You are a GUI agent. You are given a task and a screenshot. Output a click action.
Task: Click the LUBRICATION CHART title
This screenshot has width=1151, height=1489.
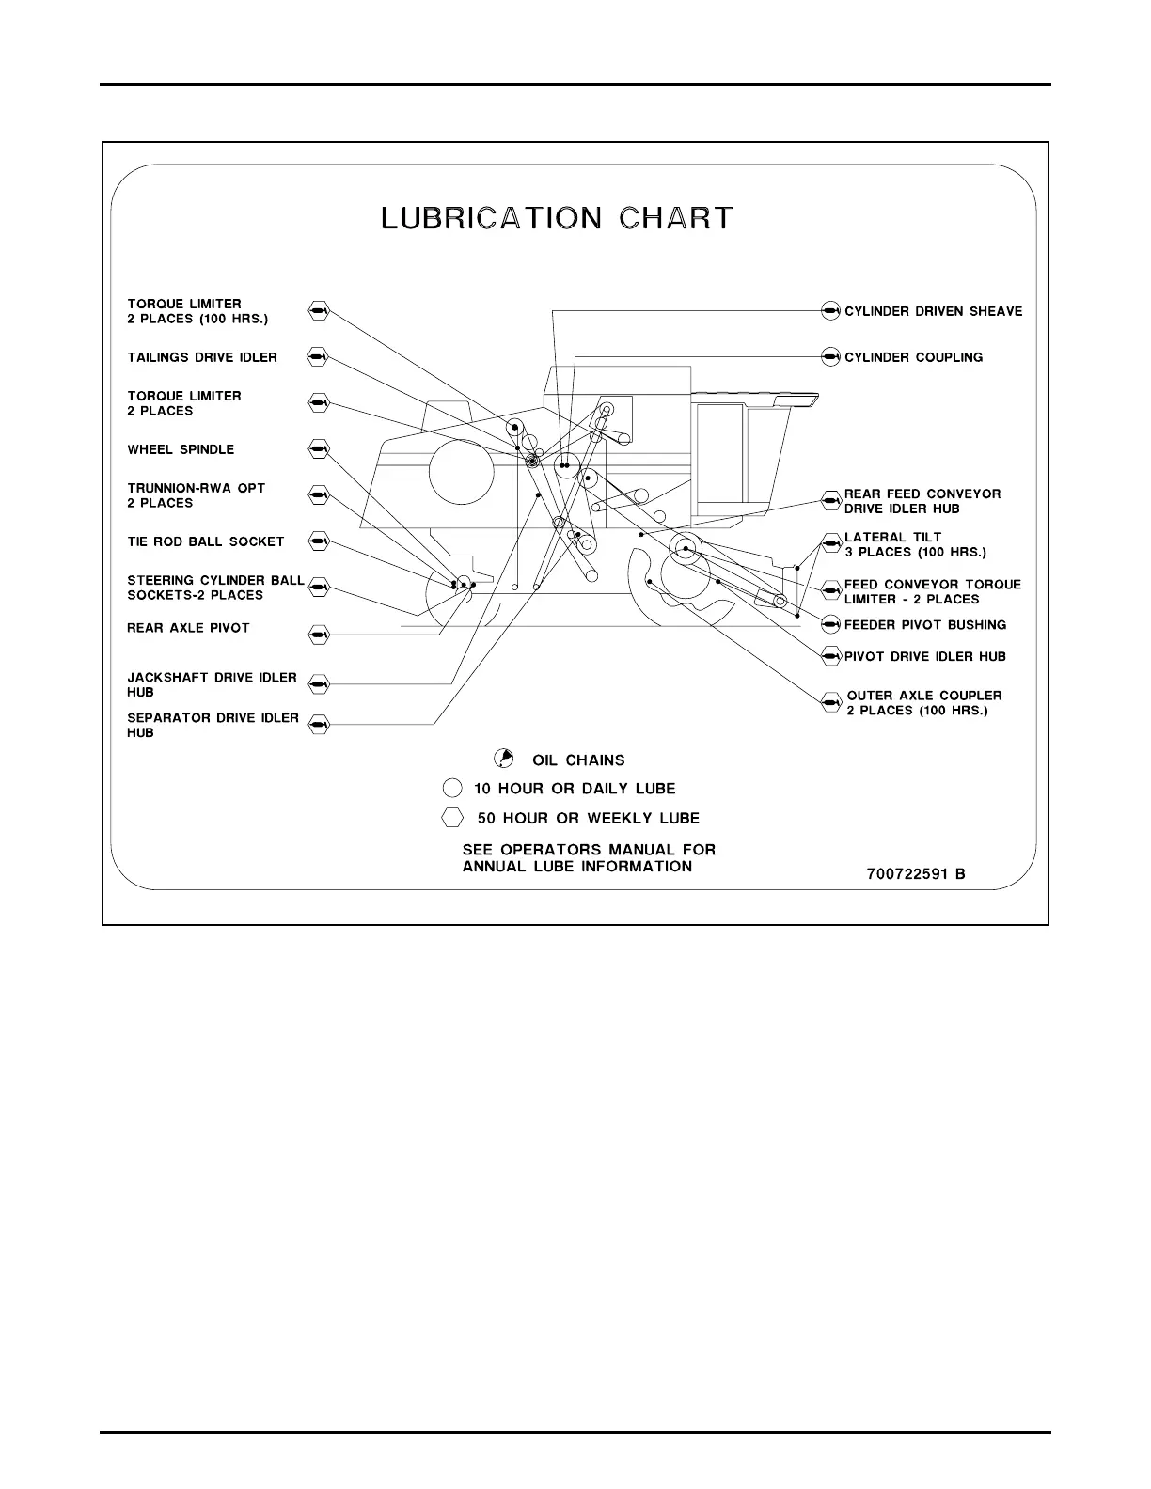[x=557, y=218]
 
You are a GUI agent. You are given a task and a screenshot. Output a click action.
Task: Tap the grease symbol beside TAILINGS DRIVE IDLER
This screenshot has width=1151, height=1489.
[x=318, y=357]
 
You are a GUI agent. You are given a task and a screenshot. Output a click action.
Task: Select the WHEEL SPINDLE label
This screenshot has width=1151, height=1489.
[x=181, y=449]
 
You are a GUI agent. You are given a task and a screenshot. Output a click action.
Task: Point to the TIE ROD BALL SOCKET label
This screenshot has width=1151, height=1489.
[x=205, y=541]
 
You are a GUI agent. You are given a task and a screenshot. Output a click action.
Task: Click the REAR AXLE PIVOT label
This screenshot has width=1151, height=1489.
[x=188, y=628]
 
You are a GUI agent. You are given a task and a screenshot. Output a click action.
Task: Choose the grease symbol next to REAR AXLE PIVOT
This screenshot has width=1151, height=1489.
[x=318, y=635]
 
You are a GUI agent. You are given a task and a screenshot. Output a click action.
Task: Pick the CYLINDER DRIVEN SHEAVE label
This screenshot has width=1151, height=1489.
[x=933, y=311]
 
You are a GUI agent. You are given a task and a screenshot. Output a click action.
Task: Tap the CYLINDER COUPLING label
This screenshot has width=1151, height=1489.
[x=913, y=357]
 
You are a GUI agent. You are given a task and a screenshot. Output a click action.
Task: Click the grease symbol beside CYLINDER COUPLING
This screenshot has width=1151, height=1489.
[x=829, y=357]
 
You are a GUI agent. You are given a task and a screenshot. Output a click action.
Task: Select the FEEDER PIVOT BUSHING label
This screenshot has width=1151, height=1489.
[x=925, y=625]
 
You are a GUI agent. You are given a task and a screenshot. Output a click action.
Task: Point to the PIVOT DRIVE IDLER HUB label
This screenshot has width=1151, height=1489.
[x=925, y=656]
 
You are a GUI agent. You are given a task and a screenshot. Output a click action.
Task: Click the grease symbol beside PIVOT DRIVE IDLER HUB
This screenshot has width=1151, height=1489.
[x=829, y=656]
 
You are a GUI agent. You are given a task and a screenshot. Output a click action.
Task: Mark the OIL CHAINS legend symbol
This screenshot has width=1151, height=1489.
[x=505, y=759]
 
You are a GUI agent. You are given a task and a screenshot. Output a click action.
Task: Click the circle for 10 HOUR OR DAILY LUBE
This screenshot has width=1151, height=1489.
[x=453, y=788]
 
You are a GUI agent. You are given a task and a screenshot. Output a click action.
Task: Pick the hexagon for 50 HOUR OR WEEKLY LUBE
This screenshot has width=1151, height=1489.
[x=453, y=817]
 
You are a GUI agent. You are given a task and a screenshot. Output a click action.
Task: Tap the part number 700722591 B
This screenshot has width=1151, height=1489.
[x=915, y=874]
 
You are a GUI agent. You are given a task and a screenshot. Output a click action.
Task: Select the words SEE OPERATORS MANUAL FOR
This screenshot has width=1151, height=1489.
[x=589, y=850]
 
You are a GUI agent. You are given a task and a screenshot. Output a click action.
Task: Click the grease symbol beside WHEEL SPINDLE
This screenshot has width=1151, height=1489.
[x=318, y=449]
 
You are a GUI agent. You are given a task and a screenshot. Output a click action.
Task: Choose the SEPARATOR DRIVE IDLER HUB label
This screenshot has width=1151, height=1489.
[x=213, y=725]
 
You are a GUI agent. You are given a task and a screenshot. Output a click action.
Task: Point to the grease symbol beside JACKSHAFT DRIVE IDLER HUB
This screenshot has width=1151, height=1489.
[x=318, y=683]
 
